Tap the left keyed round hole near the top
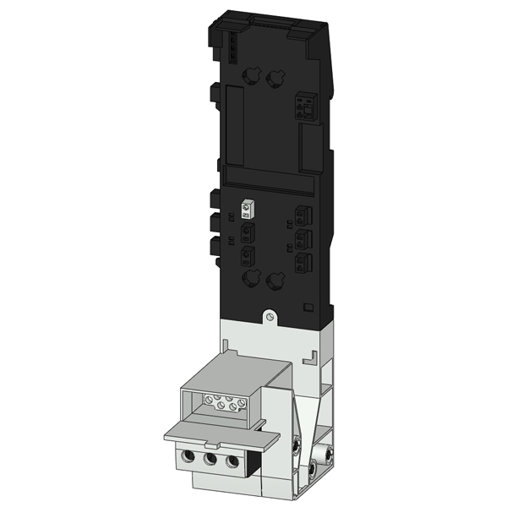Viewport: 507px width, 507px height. [x=250, y=78]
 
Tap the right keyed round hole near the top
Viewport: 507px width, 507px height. [x=273, y=79]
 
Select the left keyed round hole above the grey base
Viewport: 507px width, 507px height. [x=250, y=279]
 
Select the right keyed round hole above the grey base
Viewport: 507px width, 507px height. [x=274, y=280]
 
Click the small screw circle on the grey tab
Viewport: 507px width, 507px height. [x=269, y=317]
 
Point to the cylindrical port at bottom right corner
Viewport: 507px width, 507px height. [x=314, y=466]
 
